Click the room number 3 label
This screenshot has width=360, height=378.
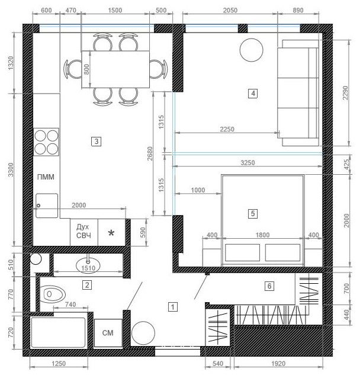96,141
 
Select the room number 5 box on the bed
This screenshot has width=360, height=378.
252,214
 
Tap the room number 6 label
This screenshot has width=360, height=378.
269,286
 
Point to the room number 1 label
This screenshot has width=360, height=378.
172,307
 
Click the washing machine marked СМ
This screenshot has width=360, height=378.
108,333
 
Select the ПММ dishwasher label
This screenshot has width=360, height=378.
46,177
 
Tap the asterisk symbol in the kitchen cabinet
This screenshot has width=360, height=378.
111,233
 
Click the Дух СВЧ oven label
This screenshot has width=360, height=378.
83,231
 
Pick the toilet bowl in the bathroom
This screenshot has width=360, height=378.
53,294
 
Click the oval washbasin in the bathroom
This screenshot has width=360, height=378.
88,265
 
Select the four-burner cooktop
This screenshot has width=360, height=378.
46,142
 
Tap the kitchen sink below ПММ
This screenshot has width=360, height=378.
47,206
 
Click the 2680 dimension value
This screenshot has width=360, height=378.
150,154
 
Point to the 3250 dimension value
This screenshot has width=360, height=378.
247,163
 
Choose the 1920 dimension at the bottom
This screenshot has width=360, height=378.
278,364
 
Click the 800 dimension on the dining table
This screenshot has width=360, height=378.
87,69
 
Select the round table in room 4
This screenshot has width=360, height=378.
251,50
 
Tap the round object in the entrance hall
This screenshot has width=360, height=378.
143,333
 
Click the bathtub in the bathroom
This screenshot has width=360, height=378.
58,332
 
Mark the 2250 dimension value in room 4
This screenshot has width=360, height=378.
227,129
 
